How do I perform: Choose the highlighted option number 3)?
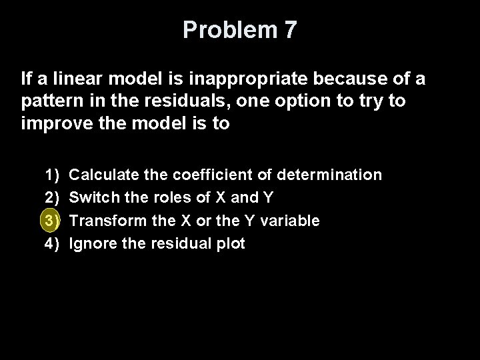[52, 220]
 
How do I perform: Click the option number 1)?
[52, 175]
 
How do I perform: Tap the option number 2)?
[52, 197]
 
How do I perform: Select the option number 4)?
[52, 243]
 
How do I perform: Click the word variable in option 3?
[293, 220]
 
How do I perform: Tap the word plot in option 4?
[231, 243]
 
